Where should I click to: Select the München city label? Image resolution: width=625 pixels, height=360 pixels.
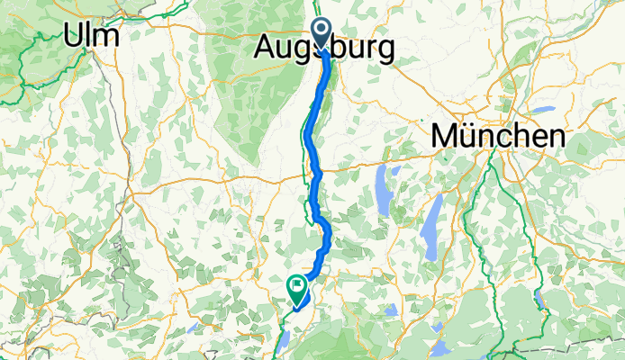coord(499,137)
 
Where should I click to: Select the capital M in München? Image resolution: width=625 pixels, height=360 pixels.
coord(445,137)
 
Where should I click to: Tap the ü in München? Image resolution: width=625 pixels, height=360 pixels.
coord(471,137)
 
